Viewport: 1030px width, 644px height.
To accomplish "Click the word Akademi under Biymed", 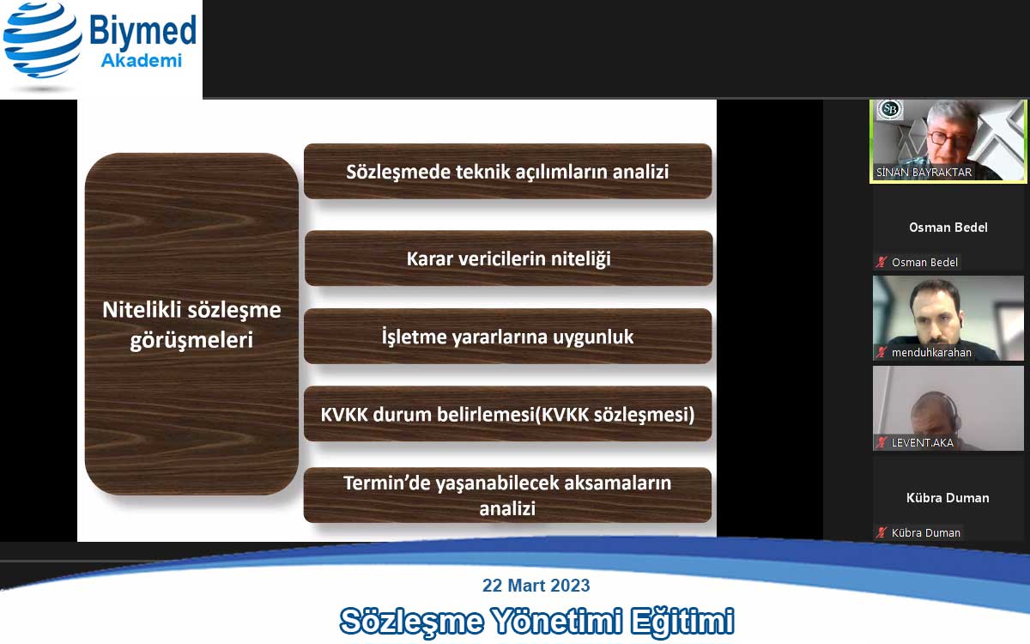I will tap(141, 61).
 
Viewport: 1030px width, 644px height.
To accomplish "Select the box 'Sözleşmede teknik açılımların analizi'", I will tap(507, 171).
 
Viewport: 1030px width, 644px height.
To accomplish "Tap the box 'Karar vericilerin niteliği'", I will tap(508, 258).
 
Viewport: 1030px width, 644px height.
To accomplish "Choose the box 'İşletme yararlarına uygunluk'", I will tap(507, 337).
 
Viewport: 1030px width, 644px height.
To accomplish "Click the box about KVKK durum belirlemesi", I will tap(507, 415).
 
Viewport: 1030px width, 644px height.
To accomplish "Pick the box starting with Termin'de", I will tap(507, 495).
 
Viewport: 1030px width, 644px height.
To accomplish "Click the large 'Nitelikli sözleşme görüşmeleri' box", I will tap(191, 324).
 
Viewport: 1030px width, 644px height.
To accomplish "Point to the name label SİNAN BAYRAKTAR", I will tap(924, 173).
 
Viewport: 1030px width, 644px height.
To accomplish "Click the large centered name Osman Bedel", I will tap(948, 228).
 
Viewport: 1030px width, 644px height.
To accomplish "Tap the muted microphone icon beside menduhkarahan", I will tap(881, 353).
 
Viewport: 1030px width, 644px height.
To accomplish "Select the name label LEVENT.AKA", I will tap(922, 443).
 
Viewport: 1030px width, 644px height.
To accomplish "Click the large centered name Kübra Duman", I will tap(948, 498).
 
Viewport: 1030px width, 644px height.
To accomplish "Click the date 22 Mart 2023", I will tap(536, 586).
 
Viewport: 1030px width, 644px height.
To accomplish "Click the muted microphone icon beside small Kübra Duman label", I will tap(881, 533).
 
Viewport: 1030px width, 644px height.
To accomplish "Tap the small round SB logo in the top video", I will tap(890, 109).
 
